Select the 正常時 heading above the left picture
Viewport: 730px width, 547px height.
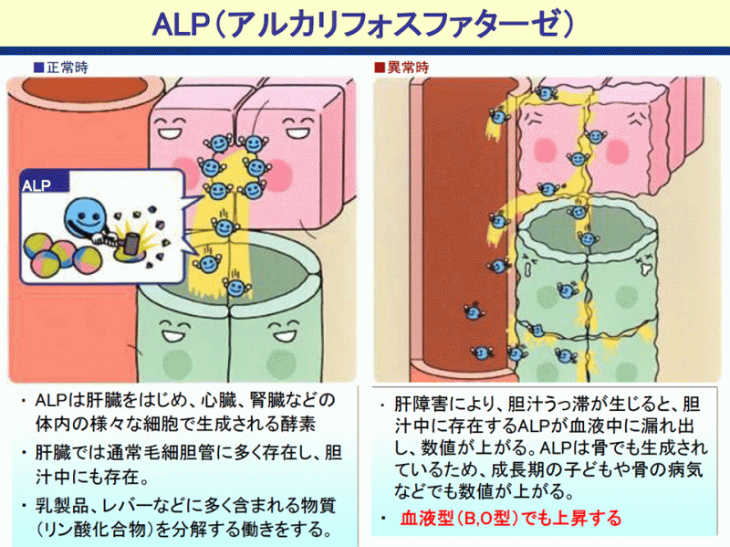[66, 67]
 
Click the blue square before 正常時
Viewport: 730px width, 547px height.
[38, 67]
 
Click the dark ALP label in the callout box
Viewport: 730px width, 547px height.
[38, 185]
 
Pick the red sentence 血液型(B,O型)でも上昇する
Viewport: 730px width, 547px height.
[511, 519]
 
